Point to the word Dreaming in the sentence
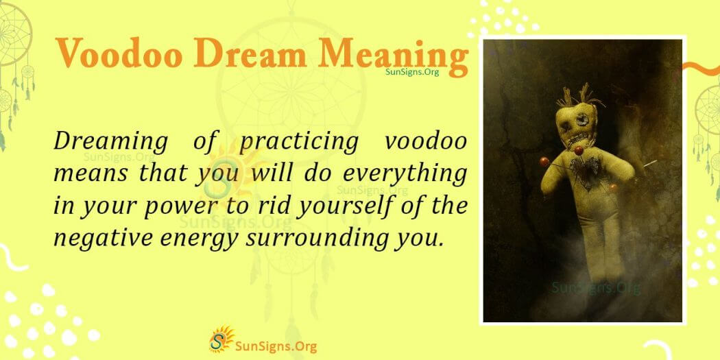pos(110,142)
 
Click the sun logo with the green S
pos(221,339)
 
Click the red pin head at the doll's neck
pos(579,150)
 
